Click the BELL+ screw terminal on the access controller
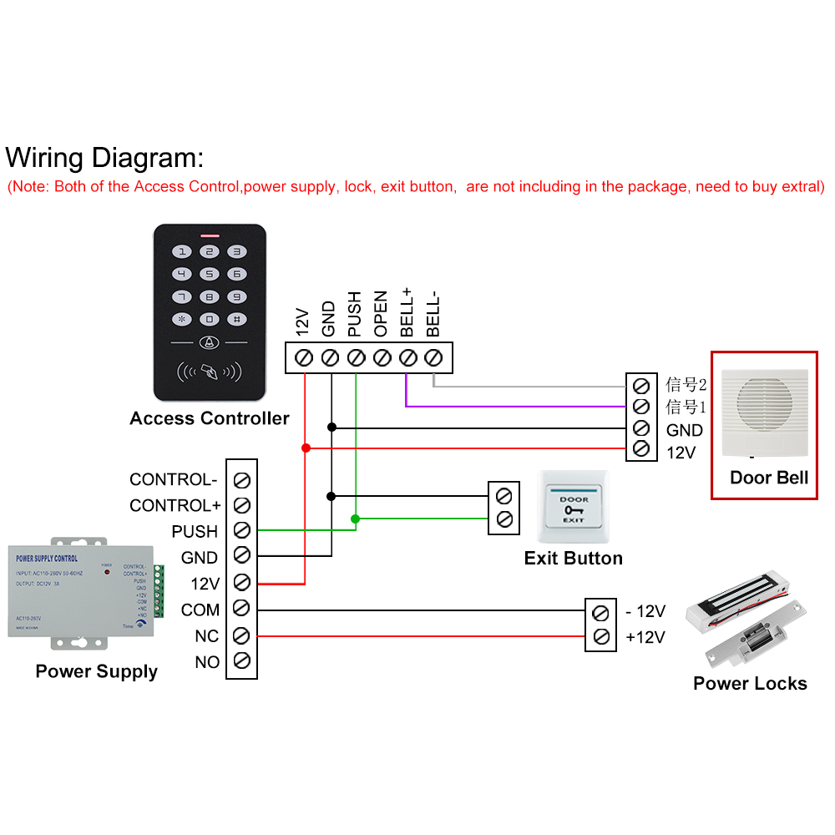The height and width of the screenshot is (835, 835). point(407,357)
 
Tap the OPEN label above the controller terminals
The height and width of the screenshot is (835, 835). point(381,314)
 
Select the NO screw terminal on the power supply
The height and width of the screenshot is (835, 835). point(242,661)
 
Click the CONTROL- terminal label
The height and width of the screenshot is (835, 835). point(173,479)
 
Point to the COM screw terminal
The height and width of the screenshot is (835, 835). point(242,610)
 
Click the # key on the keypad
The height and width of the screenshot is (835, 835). point(237,319)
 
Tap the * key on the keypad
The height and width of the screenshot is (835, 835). point(182,319)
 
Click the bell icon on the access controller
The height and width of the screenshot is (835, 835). point(209,342)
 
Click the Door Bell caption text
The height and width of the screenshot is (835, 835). point(769,478)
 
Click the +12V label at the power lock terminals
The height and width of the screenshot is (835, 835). point(645,637)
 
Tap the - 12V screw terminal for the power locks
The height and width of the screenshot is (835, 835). point(600,613)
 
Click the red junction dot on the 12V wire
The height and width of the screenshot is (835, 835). point(306,448)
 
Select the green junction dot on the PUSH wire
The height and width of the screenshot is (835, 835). point(356,519)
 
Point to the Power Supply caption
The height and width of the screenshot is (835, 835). point(96,671)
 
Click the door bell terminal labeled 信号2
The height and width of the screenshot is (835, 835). point(641,385)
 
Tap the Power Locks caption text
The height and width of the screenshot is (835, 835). point(750,683)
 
